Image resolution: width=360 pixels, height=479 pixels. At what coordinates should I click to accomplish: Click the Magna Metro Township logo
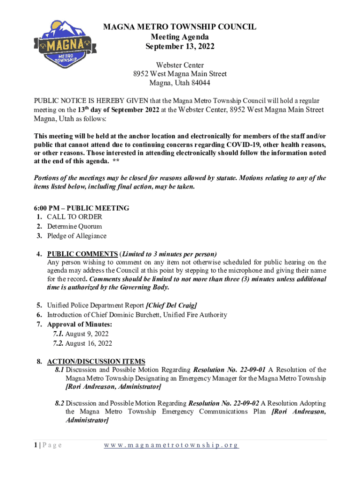point(61,45)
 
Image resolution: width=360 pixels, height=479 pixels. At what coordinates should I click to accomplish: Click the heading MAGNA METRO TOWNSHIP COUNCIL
point(180,27)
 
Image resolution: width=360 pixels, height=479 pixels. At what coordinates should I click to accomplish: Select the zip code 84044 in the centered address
point(199,83)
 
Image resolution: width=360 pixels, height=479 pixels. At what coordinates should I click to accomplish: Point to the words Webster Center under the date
point(180,65)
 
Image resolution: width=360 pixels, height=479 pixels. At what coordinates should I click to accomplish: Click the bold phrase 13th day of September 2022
point(118,110)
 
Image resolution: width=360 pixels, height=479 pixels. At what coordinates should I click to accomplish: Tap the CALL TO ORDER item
point(74,217)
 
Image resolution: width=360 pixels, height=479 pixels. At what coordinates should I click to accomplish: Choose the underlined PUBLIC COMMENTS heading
point(82,254)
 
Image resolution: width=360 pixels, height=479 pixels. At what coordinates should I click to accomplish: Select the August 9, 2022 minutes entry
point(87,334)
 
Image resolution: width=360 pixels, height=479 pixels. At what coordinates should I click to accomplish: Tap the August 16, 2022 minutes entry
point(89,343)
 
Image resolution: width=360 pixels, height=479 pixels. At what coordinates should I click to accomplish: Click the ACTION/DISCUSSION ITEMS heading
point(96,362)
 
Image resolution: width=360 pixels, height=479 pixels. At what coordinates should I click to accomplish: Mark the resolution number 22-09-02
point(247,403)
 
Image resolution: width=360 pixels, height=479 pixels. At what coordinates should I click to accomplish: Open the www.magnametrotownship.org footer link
point(171,445)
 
